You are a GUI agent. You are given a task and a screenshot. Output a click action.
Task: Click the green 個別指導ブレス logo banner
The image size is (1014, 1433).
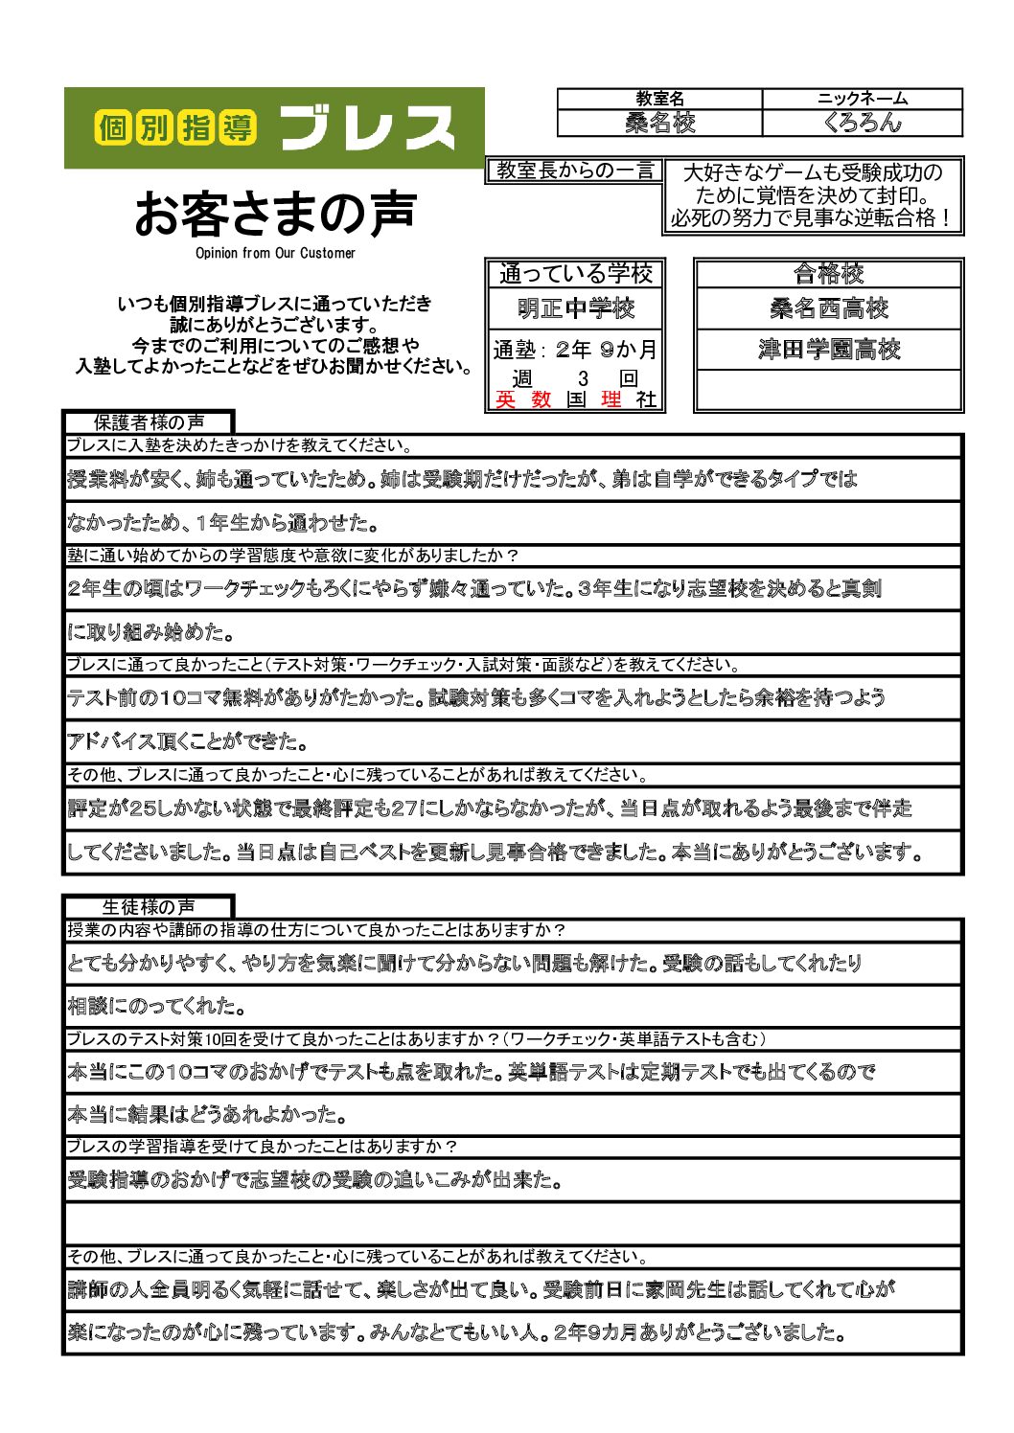pyautogui.click(x=274, y=128)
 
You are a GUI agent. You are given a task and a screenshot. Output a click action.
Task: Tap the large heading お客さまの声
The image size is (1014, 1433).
pyautogui.click(x=275, y=214)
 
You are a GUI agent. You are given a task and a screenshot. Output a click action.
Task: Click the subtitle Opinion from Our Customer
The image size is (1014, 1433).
pyautogui.click(x=275, y=253)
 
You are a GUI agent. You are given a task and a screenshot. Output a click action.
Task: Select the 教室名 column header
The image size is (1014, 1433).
pyautogui.click(x=659, y=99)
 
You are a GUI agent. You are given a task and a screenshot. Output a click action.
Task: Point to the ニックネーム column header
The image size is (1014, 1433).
pyautogui.click(x=862, y=99)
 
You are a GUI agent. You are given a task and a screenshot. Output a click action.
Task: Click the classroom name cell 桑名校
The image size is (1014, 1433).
pyautogui.click(x=659, y=123)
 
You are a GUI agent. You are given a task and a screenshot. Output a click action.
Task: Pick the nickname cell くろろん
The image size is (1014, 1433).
pyautogui.click(x=862, y=123)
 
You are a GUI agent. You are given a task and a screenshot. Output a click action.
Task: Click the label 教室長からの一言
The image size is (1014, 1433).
pyautogui.click(x=574, y=171)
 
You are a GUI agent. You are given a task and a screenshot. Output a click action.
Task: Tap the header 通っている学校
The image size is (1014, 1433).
pyautogui.click(x=575, y=274)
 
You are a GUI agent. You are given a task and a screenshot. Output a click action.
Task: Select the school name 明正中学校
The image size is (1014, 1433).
pyautogui.click(x=575, y=308)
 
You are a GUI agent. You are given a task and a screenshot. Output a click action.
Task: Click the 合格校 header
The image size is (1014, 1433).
pyautogui.click(x=828, y=274)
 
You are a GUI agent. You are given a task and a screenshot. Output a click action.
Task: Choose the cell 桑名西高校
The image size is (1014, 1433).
pyautogui.click(x=828, y=308)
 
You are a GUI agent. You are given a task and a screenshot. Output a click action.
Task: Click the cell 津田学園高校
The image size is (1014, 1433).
pyautogui.click(x=828, y=350)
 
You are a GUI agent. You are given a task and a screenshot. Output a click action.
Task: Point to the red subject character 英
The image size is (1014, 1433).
pyautogui.click(x=505, y=399)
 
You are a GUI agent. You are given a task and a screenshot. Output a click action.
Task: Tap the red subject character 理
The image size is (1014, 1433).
pyautogui.click(x=611, y=399)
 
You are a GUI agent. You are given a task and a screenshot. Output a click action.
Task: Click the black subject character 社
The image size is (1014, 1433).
pyautogui.click(x=646, y=399)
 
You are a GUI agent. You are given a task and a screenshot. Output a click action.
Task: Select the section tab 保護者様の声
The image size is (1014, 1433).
pyautogui.click(x=149, y=422)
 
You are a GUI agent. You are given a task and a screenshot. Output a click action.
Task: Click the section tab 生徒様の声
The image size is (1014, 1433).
pyautogui.click(x=149, y=907)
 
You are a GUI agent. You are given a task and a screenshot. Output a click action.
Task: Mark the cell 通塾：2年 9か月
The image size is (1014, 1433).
pyautogui.click(x=575, y=350)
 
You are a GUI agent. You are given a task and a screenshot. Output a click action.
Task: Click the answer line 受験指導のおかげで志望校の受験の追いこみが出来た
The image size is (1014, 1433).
pyautogui.click(x=314, y=1180)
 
